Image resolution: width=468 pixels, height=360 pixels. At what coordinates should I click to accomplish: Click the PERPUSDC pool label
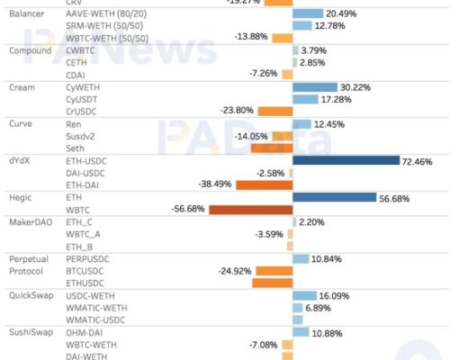pos(88,258)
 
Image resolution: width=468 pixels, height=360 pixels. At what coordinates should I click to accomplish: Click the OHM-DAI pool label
pos(85,332)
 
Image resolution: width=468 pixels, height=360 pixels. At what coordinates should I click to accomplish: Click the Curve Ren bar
pos(301,123)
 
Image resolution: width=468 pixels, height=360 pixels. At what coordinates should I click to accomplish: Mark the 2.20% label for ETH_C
pos(311,221)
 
